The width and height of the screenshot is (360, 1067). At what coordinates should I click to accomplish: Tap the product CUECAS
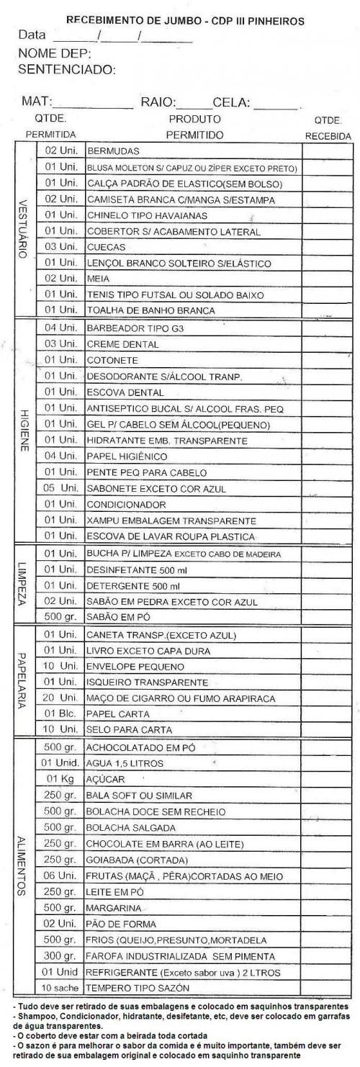point(107,248)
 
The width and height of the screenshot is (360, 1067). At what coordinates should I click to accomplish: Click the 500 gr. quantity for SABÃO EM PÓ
point(60,617)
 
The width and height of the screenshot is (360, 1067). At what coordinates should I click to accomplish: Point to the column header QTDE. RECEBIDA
point(328,128)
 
